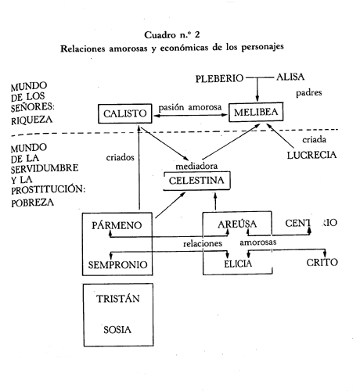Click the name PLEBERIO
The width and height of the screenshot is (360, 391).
pos(219,78)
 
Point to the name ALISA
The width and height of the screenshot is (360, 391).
pos(290,77)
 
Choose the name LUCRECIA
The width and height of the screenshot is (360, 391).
pos(311,156)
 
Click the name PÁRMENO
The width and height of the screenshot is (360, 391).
pos(117,225)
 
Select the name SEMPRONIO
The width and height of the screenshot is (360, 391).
pos(117,265)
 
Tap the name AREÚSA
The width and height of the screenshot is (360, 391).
pos(237,224)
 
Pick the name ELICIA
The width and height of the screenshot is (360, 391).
pos(238,264)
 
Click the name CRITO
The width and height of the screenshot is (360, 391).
pos(322,262)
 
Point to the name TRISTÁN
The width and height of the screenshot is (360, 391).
pos(118,299)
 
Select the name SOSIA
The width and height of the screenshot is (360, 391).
pos(117,330)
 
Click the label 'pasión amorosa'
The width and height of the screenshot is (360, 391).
pos(190,107)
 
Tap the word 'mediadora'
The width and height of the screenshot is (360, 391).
pos(196,166)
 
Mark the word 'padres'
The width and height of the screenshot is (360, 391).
pos(309,93)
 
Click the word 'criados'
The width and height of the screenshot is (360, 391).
pos(120,157)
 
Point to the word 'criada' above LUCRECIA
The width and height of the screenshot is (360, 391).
pos(314,140)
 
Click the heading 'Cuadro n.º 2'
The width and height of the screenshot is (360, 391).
pos(172,35)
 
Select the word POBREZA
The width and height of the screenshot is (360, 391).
pos(33,203)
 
